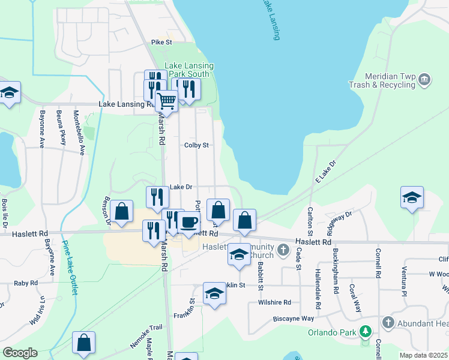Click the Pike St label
pos(161,43)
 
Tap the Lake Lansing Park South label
pos(189,70)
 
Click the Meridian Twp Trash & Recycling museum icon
pos(424,79)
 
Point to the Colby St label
pos(196,145)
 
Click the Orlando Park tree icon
pos(365,332)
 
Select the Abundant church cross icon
pos(388,323)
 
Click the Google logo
pos(20,353)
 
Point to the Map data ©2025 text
pos(423,355)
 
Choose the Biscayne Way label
pos(294,319)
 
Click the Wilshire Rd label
pos(274,302)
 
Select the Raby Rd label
pos(26,283)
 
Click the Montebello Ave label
pos(77,132)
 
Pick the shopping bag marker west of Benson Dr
pos(122,211)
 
